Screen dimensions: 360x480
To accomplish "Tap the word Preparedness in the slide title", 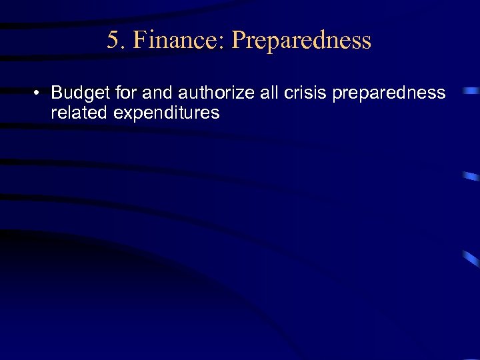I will click(301, 41).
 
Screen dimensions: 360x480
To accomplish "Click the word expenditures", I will click(167, 113).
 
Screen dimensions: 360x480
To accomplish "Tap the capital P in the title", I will click(239, 41).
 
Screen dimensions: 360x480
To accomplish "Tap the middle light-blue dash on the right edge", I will click(471, 177).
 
